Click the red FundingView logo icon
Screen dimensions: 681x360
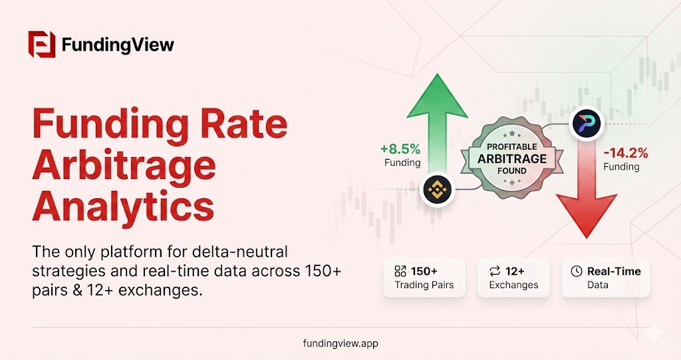pyautogui.click(x=42, y=45)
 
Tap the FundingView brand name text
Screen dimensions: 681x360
pyautogui.click(x=118, y=45)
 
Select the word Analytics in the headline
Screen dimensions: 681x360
pyautogui.click(x=123, y=205)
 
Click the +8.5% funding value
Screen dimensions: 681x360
pyautogui.click(x=400, y=149)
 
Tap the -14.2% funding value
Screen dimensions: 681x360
pyautogui.click(x=626, y=153)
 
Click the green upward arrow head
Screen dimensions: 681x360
pyautogui.click(x=438, y=96)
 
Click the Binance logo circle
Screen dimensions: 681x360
pyautogui.click(x=438, y=190)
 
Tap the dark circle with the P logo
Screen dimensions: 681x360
pyautogui.click(x=587, y=124)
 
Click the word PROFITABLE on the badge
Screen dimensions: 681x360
pyautogui.click(x=511, y=147)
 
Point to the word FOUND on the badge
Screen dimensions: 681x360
pyautogui.click(x=511, y=171)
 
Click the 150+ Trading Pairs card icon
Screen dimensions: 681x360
pyautogui.click(x=400, y=271)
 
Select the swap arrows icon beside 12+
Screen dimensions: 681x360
pyautogui.click(x=495, y=271)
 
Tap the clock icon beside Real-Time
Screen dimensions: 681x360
pyautogui.click(x=577, y=271)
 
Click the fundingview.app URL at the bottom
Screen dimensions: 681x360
pyautogui.click(x=340, y=343)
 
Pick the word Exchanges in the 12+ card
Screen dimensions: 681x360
pyautogui.click(x=513, y=285)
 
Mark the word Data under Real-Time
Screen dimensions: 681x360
pyautogui.click(x=598, y=285)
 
